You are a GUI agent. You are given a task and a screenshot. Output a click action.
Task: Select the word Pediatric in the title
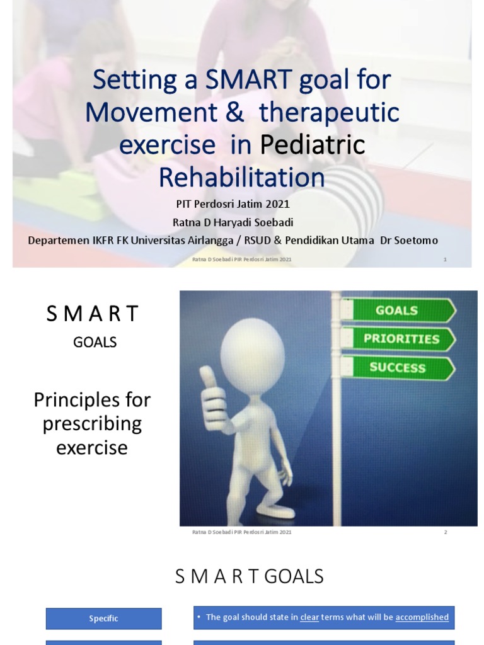[x=312, y=145]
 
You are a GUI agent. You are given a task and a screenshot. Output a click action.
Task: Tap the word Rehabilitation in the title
[x=241, y=177]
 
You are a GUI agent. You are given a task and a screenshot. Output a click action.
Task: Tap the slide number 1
[x=445, y=260]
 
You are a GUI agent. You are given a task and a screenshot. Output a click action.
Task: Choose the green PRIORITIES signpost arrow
[x=401, y=339]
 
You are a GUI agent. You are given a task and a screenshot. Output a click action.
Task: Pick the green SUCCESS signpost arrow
[x=398, y=367]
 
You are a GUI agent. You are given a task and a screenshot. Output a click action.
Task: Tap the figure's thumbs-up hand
[x=212, y=399]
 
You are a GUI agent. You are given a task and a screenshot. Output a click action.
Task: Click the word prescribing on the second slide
[x=92, y=424]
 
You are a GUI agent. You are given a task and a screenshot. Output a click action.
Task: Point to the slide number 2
[x=445, y=532]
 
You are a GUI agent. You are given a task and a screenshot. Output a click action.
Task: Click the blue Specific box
[x=103, y=619]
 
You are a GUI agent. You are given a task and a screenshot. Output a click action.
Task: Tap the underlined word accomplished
[x=422, y=617]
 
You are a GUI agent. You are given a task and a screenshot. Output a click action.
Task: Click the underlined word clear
[x=309, y=617]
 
